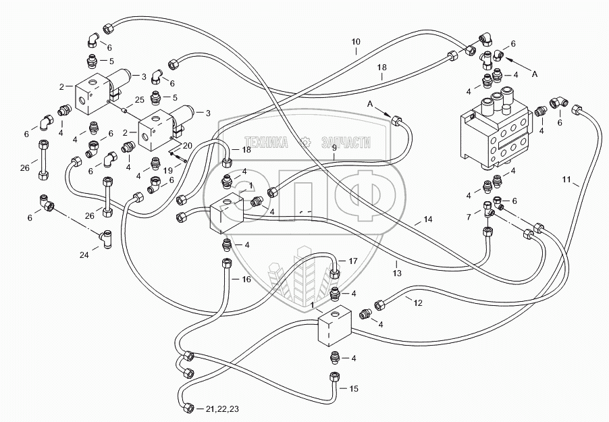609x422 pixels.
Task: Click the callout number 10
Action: [x=356, y=42]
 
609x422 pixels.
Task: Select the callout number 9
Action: [x=334, y=147]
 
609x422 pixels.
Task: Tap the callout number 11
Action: [x=566, y=180]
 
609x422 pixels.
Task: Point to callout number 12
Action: [x=417, y=302]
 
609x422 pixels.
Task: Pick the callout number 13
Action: [x=396, y=273]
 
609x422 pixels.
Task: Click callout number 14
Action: [x=427, y=219]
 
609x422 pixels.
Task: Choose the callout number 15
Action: [x=353, y=389]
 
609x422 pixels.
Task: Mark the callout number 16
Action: [x=246, y=280]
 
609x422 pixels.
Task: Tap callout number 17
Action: [x=352, y=261]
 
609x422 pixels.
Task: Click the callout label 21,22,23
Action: [x=223, y=408]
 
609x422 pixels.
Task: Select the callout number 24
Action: [x=84, y=255]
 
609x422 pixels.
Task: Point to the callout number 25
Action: [x=140, y=100]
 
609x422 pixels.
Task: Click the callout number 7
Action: [x=469, y=217]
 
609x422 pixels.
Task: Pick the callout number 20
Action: [x=187, y=146]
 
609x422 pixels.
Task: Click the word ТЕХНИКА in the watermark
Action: [x=266, y=143]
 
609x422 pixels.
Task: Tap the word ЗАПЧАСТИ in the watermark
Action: [x=346, y=143]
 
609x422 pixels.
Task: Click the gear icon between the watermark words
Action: [x=306, y=142]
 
